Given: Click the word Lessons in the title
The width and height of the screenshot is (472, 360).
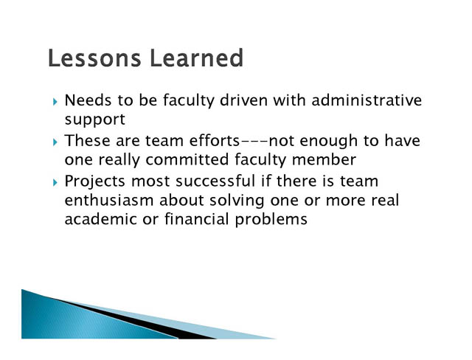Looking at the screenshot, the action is (94, 58).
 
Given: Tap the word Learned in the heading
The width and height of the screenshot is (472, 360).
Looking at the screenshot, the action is (196, 58).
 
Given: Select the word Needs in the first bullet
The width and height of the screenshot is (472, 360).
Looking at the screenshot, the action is (88, 100).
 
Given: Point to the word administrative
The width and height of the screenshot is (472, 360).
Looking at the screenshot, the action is (367, 100).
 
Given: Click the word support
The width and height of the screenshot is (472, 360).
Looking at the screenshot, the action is (95, 120).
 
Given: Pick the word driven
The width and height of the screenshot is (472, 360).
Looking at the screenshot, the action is (243, 100).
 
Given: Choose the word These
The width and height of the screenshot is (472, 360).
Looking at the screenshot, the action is (87, 141).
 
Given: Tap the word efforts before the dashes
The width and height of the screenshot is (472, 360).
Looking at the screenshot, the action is (215, 141).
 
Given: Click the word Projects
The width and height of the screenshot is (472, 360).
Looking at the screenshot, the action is (95, 181).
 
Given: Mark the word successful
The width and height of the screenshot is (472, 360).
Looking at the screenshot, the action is (215, 181).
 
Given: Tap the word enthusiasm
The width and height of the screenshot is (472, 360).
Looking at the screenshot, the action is (109, 200).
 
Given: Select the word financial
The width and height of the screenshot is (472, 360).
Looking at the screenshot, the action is (197, 219).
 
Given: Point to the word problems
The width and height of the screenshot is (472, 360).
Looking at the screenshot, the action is (271, 219).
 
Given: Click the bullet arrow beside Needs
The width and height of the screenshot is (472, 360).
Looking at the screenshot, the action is (55, 102).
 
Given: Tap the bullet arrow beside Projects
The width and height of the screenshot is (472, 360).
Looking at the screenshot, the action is (55, 182).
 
